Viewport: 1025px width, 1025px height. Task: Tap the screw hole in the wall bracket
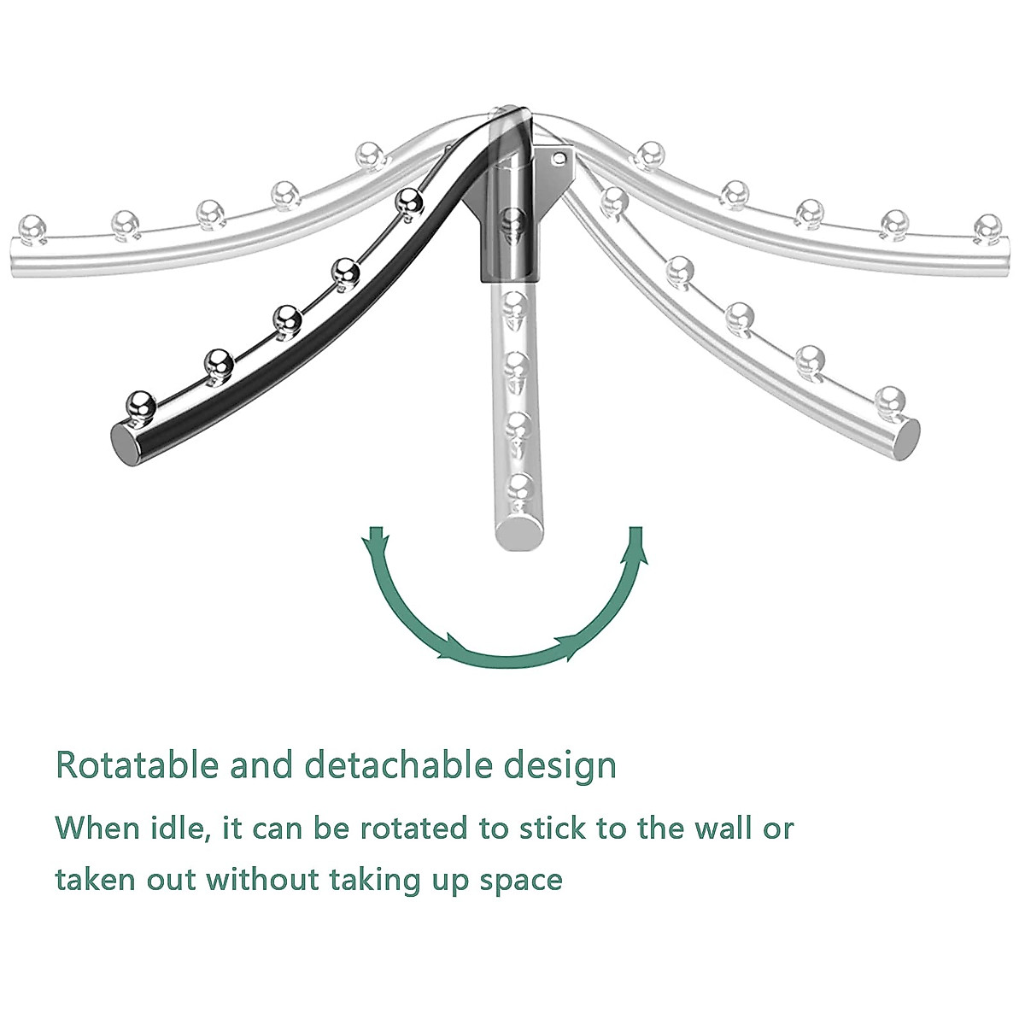coord(559,158)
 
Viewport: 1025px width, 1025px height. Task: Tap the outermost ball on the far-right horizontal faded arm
coord(988,225)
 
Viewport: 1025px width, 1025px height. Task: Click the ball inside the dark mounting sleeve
coord(511,220)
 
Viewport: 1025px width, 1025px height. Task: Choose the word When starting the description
coord(97,827)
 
